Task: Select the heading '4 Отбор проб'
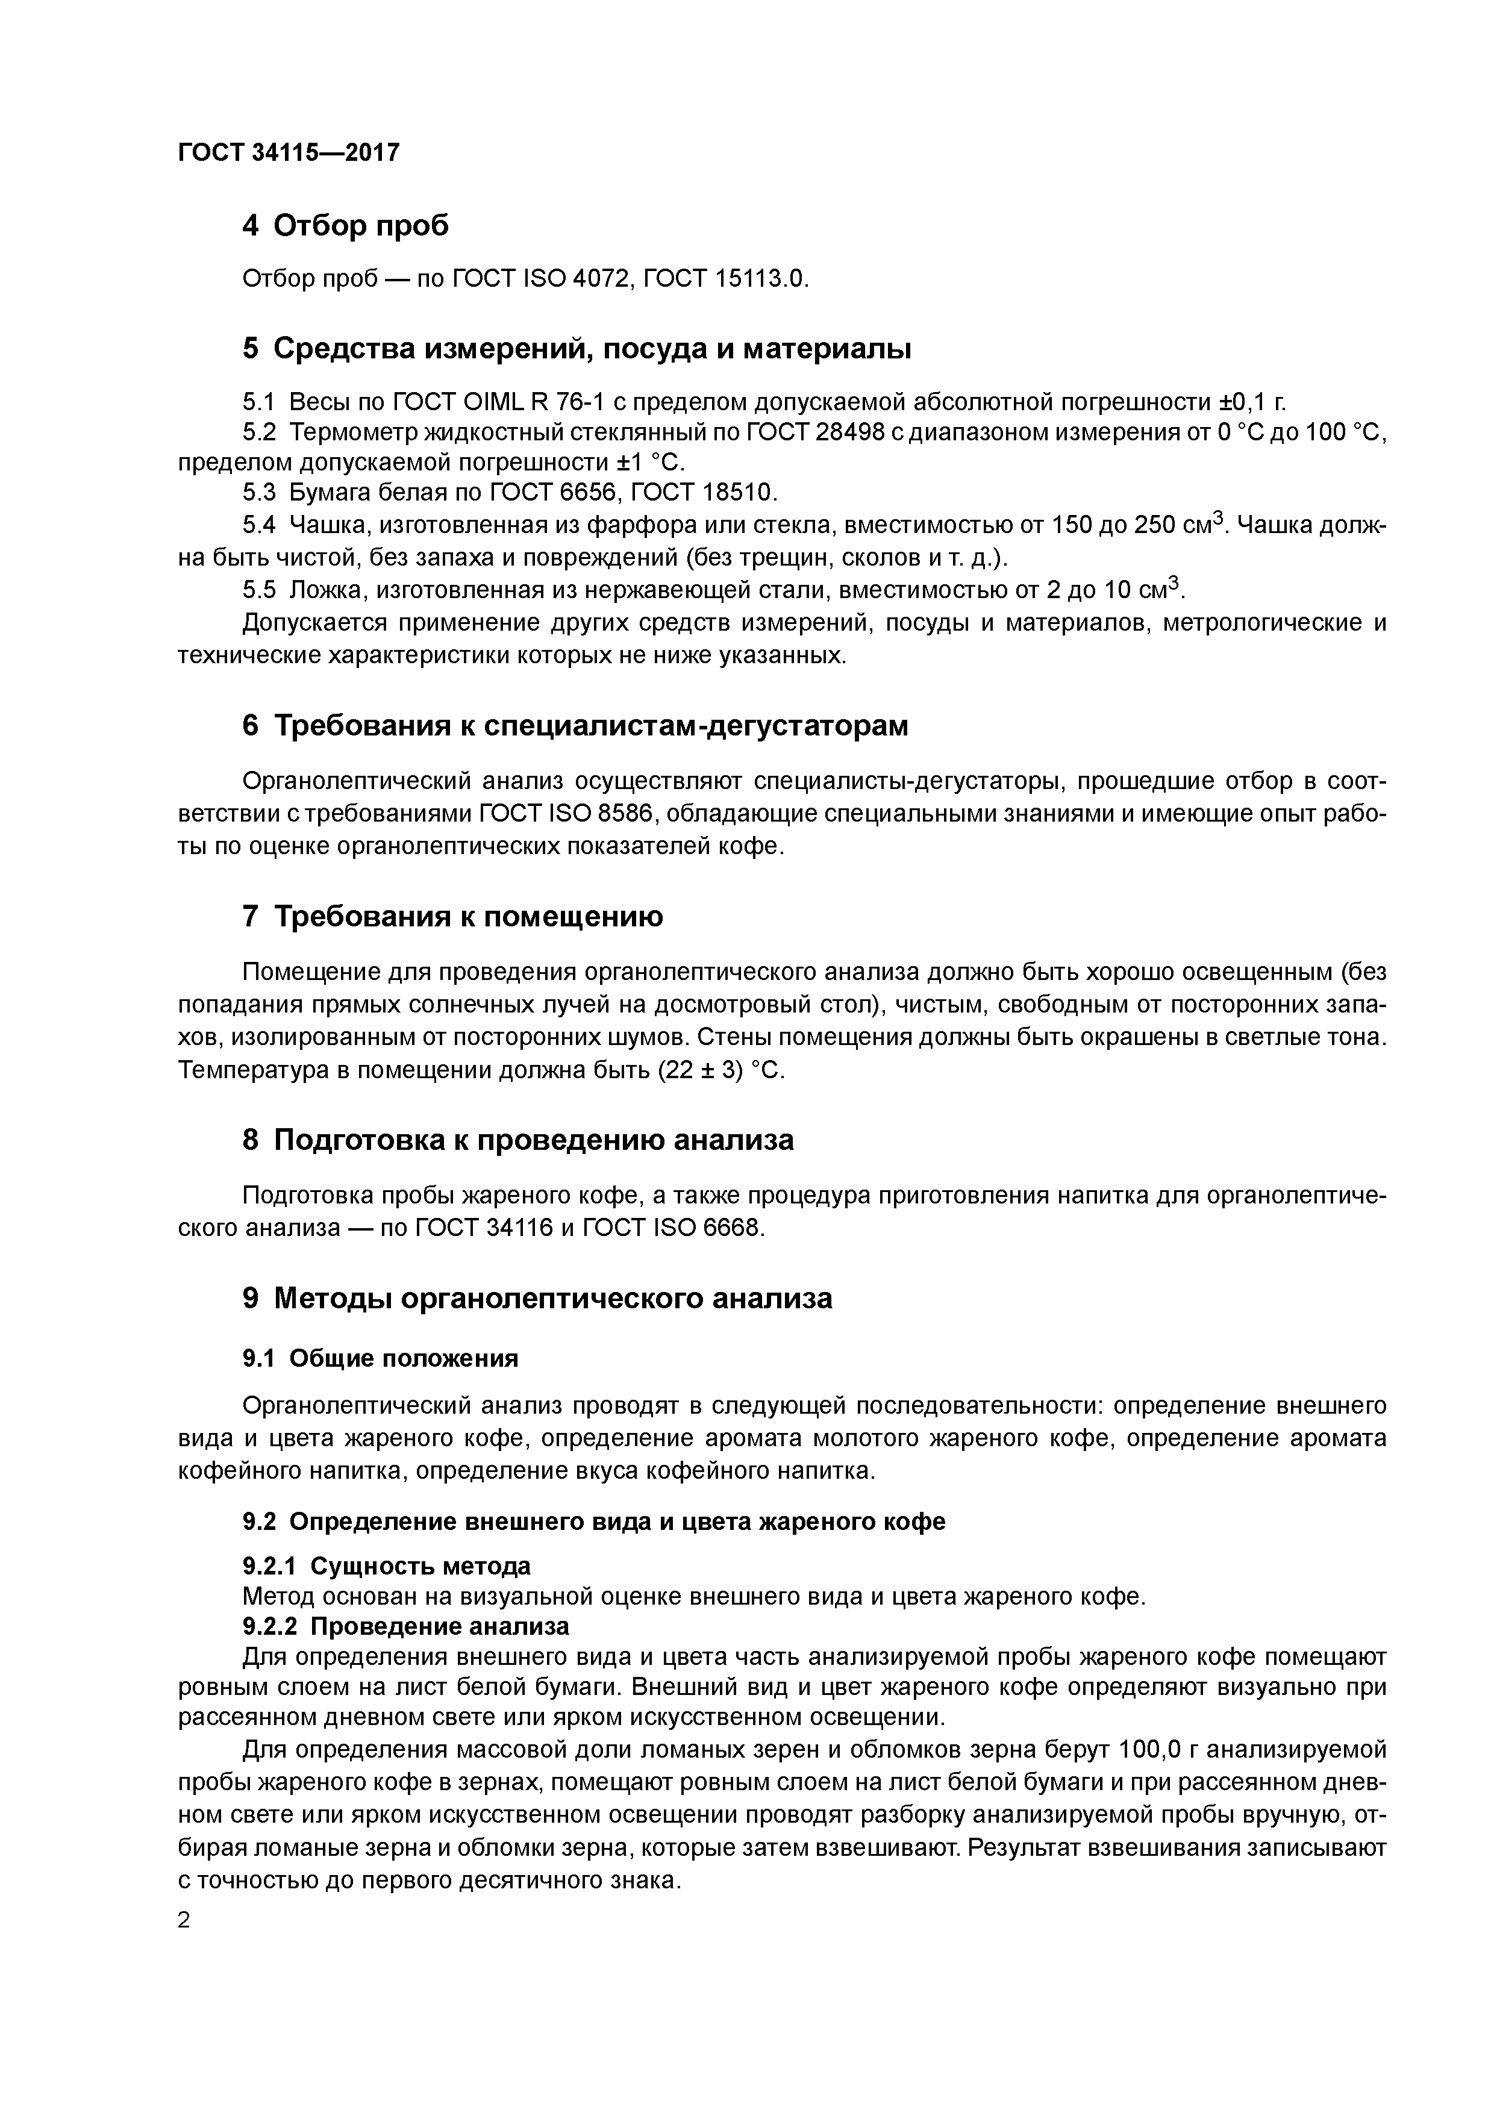[345, 225]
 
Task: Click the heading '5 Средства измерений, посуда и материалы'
[577, 349]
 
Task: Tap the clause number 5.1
[258, 402]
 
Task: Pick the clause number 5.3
[258, 492]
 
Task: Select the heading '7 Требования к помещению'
[452, 917]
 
